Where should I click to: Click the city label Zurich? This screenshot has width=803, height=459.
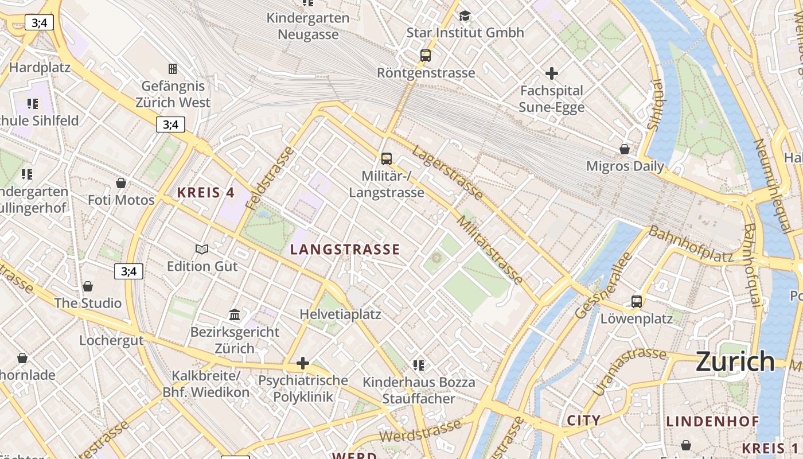[x=735, y=361]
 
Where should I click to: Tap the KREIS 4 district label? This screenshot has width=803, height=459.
[x=206, y=193]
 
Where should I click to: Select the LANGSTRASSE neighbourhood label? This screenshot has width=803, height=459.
[x=345, y=250]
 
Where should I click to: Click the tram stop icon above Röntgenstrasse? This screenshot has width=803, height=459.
[x=425, y=56]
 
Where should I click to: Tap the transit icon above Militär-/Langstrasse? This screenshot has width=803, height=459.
[x=387, y=159]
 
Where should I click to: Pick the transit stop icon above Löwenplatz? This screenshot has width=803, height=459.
[x=636, y=301]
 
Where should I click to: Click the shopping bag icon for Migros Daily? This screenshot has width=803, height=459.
[x=625, y=149]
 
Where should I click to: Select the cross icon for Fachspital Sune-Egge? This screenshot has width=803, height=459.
[x=551, y=73]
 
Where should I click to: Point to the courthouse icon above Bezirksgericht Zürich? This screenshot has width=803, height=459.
[x=235, y=314]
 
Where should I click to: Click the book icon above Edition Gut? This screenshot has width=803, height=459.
[x=202, y=249]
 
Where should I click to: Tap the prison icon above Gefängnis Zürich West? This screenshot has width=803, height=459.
[x=172, y=69]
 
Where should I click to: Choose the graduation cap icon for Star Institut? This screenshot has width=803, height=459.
[x=465, y=15]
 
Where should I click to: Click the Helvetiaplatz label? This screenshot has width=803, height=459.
[x=340, y=314]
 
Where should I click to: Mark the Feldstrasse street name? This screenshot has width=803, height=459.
[x=270, y=178]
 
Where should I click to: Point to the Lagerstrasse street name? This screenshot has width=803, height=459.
[x=447, y=172]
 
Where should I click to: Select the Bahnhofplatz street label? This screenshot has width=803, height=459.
[x=691, y=244]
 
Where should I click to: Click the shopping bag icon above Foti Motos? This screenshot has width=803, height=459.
[x=121, y=183]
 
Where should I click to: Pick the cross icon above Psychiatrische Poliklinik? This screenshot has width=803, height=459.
[x=303, y=363]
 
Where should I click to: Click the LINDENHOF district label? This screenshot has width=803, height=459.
[x=712, y=422]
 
